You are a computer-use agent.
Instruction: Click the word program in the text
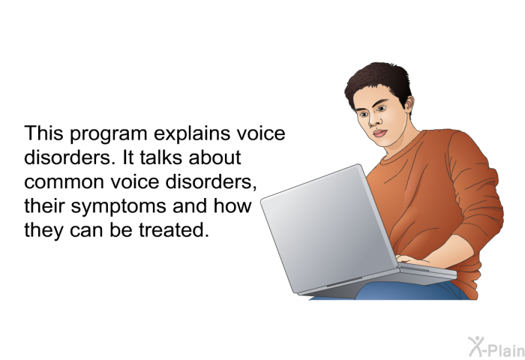[109, 134]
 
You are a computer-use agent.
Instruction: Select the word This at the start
[43, 133]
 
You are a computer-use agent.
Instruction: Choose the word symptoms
[118, 207]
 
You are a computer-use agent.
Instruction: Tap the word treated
[173, 230]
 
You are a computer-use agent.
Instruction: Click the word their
[44, 205]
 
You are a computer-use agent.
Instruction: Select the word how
[232, 205]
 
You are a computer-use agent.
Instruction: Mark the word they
[43, 232]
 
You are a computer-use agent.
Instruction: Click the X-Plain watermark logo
[496, 346]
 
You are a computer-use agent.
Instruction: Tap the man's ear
[409, 103]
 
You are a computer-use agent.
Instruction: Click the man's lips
[380, 133]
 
